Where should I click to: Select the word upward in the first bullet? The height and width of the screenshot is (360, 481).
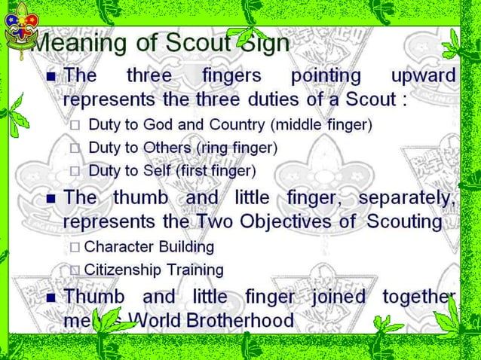tap(423, 76)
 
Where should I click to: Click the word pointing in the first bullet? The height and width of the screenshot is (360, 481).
tap(326, 76)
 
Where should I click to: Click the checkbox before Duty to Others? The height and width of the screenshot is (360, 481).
tap(75, 148)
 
